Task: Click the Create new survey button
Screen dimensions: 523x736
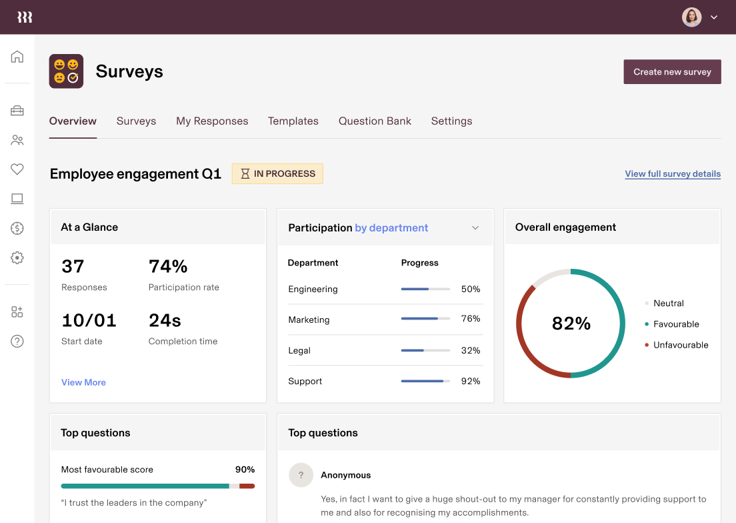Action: (x=672, y=72)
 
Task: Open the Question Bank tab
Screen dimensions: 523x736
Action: (x=375, y=121)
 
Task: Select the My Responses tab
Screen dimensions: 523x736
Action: (x=212, y=121)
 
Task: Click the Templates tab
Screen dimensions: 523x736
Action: (x=293, y=121)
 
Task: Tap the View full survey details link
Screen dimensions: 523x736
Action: (x=673, y=174)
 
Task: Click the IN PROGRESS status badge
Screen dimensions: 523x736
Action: (x=277, y=173)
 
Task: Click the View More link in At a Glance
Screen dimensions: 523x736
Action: (x=83, y=382)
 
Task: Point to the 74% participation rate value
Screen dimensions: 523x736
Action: (x=168, y=267)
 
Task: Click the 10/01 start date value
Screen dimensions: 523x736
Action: (x=89, y=320)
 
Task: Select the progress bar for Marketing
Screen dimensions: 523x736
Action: (x=425, y=320)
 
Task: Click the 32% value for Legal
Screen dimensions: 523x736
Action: (x=471, y=350)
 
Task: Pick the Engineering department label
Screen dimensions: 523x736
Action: (x=313, y=290)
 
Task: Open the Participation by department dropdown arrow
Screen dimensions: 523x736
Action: (x=475, y=228)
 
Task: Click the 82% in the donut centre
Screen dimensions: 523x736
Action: (x=571, y=324)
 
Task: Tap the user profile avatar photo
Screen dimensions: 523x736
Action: (x=692, y=17)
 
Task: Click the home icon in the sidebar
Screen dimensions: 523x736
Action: (x=17, y=57)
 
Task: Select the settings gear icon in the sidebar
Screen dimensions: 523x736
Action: (x=17, y=257)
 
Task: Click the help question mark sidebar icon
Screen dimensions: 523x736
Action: (x=17, y=341)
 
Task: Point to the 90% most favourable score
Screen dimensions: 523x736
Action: (x=245, y=470)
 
